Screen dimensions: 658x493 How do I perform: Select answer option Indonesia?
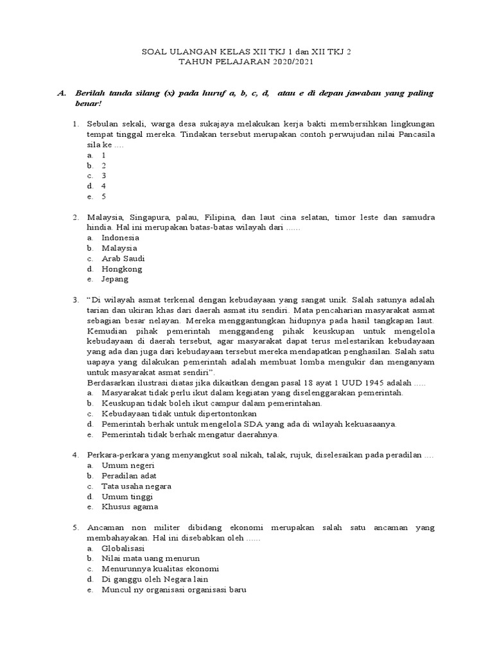pos(120,238)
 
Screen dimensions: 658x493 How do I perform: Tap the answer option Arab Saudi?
pos(123,258)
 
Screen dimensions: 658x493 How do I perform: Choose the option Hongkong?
pos(122,269)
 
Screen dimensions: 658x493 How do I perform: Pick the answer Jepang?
pos(115,279)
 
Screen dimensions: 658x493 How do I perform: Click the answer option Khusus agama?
pos(129,506)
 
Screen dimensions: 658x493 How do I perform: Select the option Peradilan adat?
pos(128,476)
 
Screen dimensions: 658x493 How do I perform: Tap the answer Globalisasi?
pos(123,548)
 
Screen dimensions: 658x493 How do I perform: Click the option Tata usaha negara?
pos(136,486)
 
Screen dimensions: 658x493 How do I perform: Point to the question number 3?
pos(75,299)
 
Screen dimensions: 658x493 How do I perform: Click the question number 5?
pos(75,528)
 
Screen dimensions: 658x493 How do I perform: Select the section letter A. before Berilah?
pos(62,93)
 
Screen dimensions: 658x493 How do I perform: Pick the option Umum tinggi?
pos(127,496)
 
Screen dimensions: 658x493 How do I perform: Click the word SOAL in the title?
pos(154,53)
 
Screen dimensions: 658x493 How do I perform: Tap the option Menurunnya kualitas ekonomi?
pos(160,569)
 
